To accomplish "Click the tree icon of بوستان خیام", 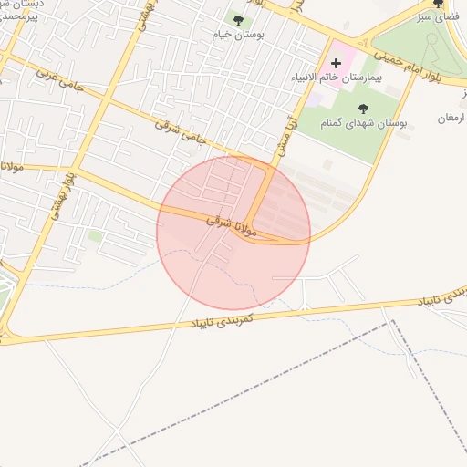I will (239, 20).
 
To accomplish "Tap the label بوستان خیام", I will (239, 36).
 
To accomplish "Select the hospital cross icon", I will (336, 63).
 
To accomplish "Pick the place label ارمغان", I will (451, 119).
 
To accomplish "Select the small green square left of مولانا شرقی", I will (96, 236).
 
